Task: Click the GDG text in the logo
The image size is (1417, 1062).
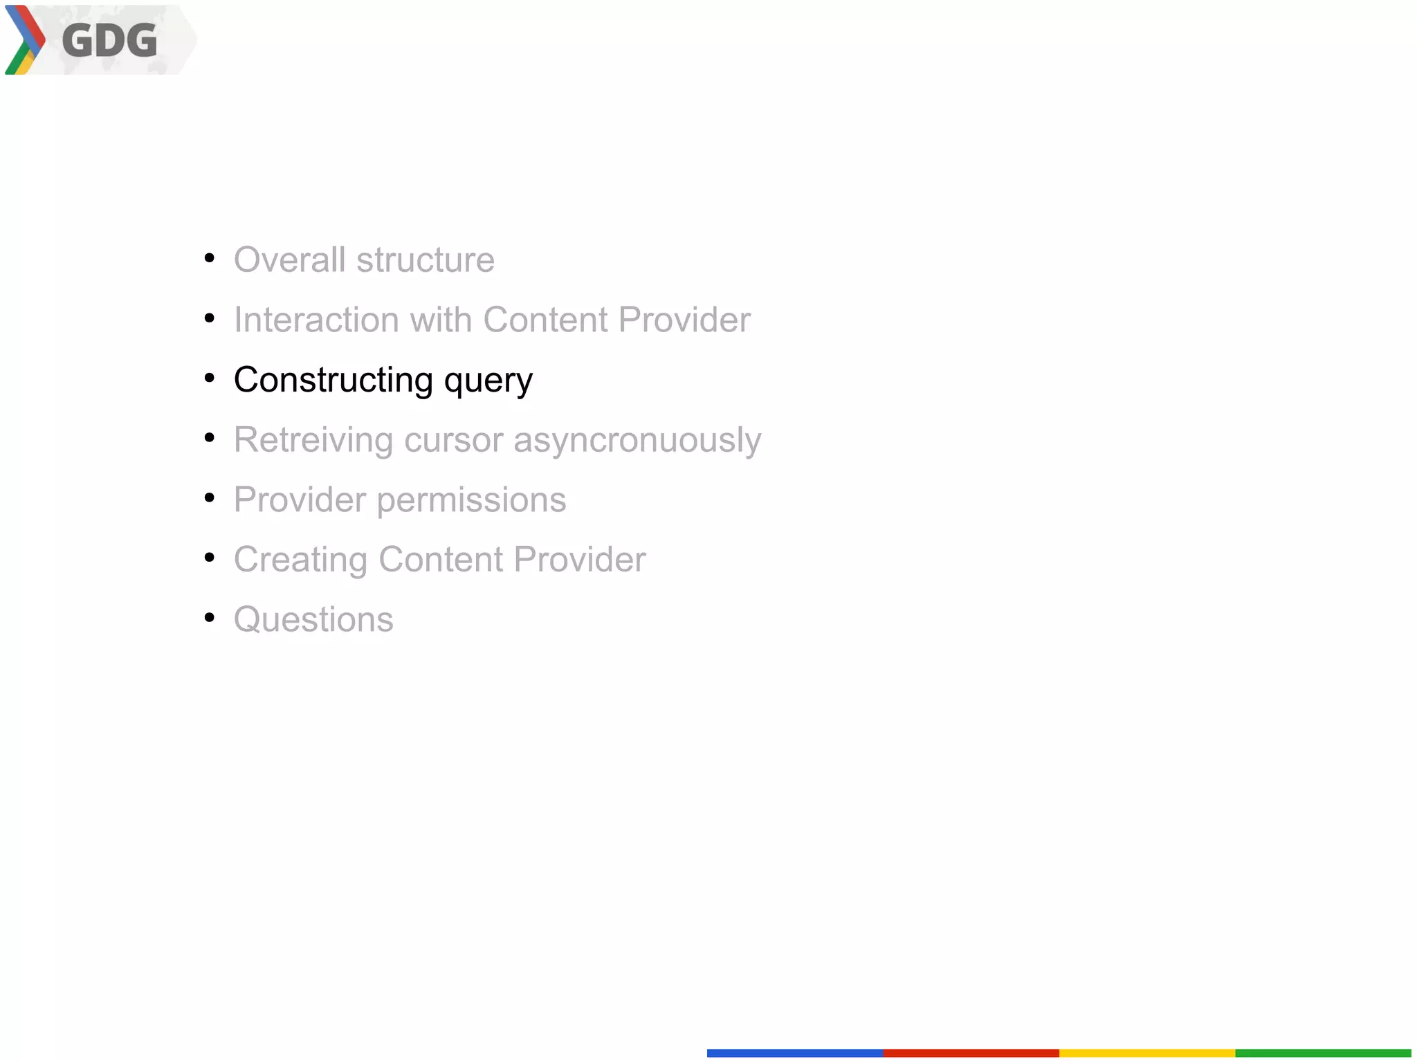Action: pos(109,40)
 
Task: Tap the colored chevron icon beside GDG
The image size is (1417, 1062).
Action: pos(25,40)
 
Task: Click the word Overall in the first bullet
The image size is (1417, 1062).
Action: pos(289,260)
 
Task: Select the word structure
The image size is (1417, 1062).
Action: pos(426,260)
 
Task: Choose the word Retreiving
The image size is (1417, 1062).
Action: pos(313,441)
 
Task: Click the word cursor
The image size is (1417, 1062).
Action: pos(453,441)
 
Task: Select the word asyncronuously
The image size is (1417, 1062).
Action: pos(637,441)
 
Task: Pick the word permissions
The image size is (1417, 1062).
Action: pos(471,500)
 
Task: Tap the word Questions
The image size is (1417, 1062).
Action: pos(313,619)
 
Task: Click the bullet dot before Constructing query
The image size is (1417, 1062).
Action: pos(210,378)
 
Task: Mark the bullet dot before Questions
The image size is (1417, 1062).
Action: pos(210,618)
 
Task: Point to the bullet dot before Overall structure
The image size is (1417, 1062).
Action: pos(210,259)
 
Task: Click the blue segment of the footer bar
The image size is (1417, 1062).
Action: pos(794,1053)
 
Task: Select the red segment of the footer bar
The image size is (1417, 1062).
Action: pos(971,1053)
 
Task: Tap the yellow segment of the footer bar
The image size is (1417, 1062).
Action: pos(1146,1053)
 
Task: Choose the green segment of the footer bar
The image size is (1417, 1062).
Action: pos(1322,1053)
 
